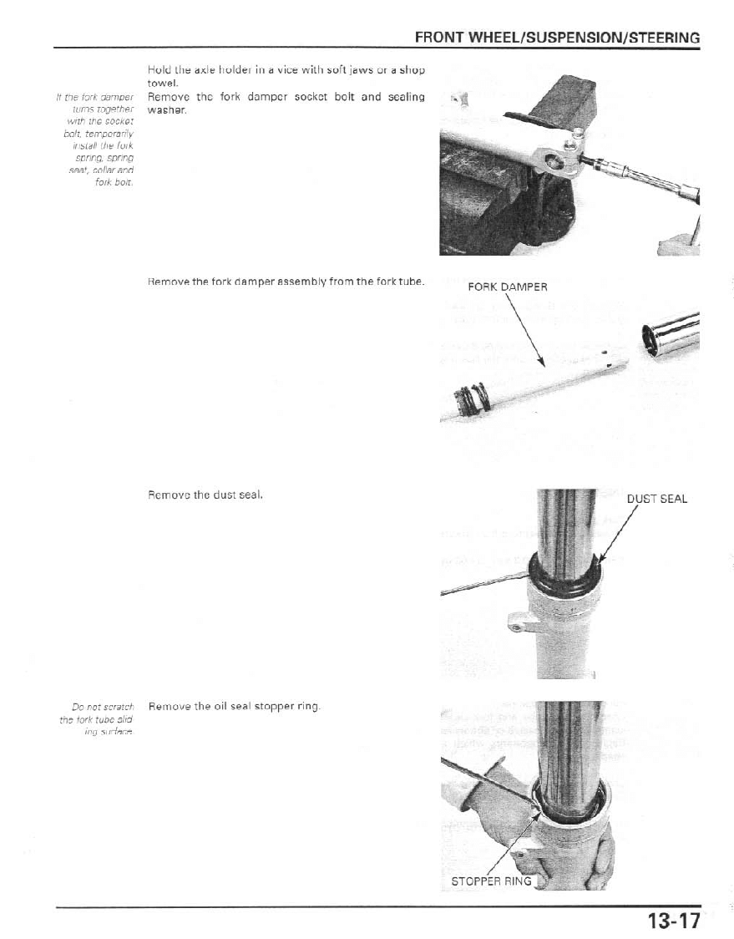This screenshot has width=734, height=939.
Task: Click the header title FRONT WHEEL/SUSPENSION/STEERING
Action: (x=556, y=38)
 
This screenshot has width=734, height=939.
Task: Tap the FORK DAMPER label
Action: (x=507, y=287)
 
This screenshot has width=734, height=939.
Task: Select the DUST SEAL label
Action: (x=656, y=499)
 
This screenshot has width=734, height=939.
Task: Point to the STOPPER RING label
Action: (x=490, y=881)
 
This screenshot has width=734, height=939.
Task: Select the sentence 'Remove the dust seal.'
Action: (x=205, y=495)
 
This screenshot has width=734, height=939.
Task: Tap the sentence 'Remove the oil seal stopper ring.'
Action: (x=234, y=707)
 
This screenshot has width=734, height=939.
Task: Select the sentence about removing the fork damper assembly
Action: (x=286, y=282)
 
